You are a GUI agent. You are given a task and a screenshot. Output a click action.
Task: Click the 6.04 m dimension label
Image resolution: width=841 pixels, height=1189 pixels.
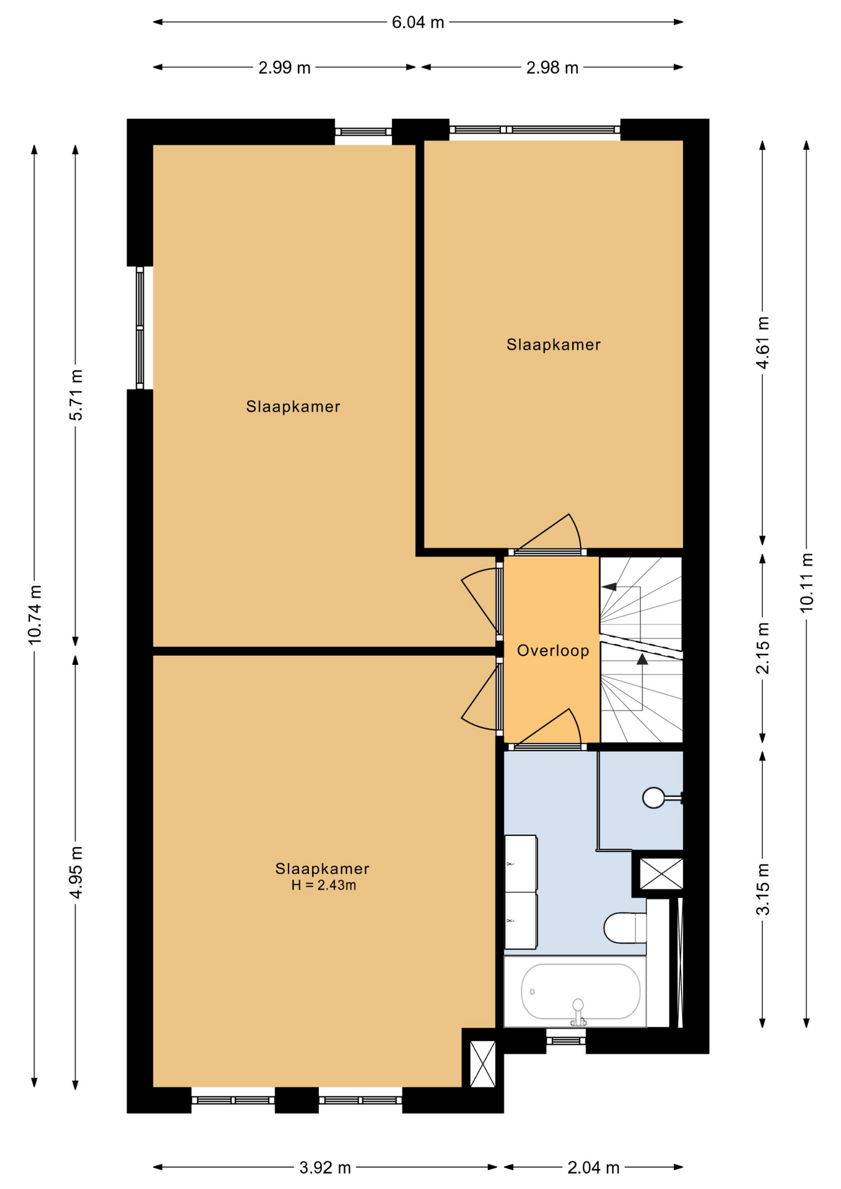pos(418,22)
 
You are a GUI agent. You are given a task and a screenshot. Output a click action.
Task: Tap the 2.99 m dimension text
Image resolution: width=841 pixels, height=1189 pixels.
pos(284,68)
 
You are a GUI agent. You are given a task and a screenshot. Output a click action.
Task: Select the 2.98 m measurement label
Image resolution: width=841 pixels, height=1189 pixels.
pos(552,68)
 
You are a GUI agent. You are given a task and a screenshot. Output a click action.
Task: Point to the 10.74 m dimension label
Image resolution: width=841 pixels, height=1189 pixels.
pos(35,614)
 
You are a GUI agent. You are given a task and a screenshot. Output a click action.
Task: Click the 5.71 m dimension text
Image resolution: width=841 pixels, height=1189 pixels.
pos(76,395)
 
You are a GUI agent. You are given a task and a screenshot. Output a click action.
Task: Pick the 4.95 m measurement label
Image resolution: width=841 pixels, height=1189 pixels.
pos(76,872)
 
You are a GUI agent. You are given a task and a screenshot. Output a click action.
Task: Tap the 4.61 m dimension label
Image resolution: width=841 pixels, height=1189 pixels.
pos(762,342)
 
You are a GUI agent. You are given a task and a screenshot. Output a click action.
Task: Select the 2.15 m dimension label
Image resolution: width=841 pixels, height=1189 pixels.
pos(762,648)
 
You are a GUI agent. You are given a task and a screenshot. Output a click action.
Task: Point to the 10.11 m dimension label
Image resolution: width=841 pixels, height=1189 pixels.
pos(806,583)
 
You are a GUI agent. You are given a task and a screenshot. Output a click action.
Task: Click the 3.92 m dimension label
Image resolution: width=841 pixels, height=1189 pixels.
pos(325,1168)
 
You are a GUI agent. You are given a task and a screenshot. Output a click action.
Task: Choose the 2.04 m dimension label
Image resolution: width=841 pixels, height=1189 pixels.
pos(593,1168)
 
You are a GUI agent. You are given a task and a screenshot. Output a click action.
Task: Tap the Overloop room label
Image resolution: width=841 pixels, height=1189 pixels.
pos(553,651)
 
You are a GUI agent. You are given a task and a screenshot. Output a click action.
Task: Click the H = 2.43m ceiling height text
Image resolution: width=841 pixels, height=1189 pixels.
pos(323,886)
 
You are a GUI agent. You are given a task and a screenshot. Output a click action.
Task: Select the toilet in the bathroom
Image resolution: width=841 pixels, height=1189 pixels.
pos(625,928)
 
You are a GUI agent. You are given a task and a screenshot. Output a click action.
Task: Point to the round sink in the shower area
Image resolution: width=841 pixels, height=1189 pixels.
pos(654,798)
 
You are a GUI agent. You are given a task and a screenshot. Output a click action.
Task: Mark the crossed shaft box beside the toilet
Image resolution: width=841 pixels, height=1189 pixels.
pos(661,874)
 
